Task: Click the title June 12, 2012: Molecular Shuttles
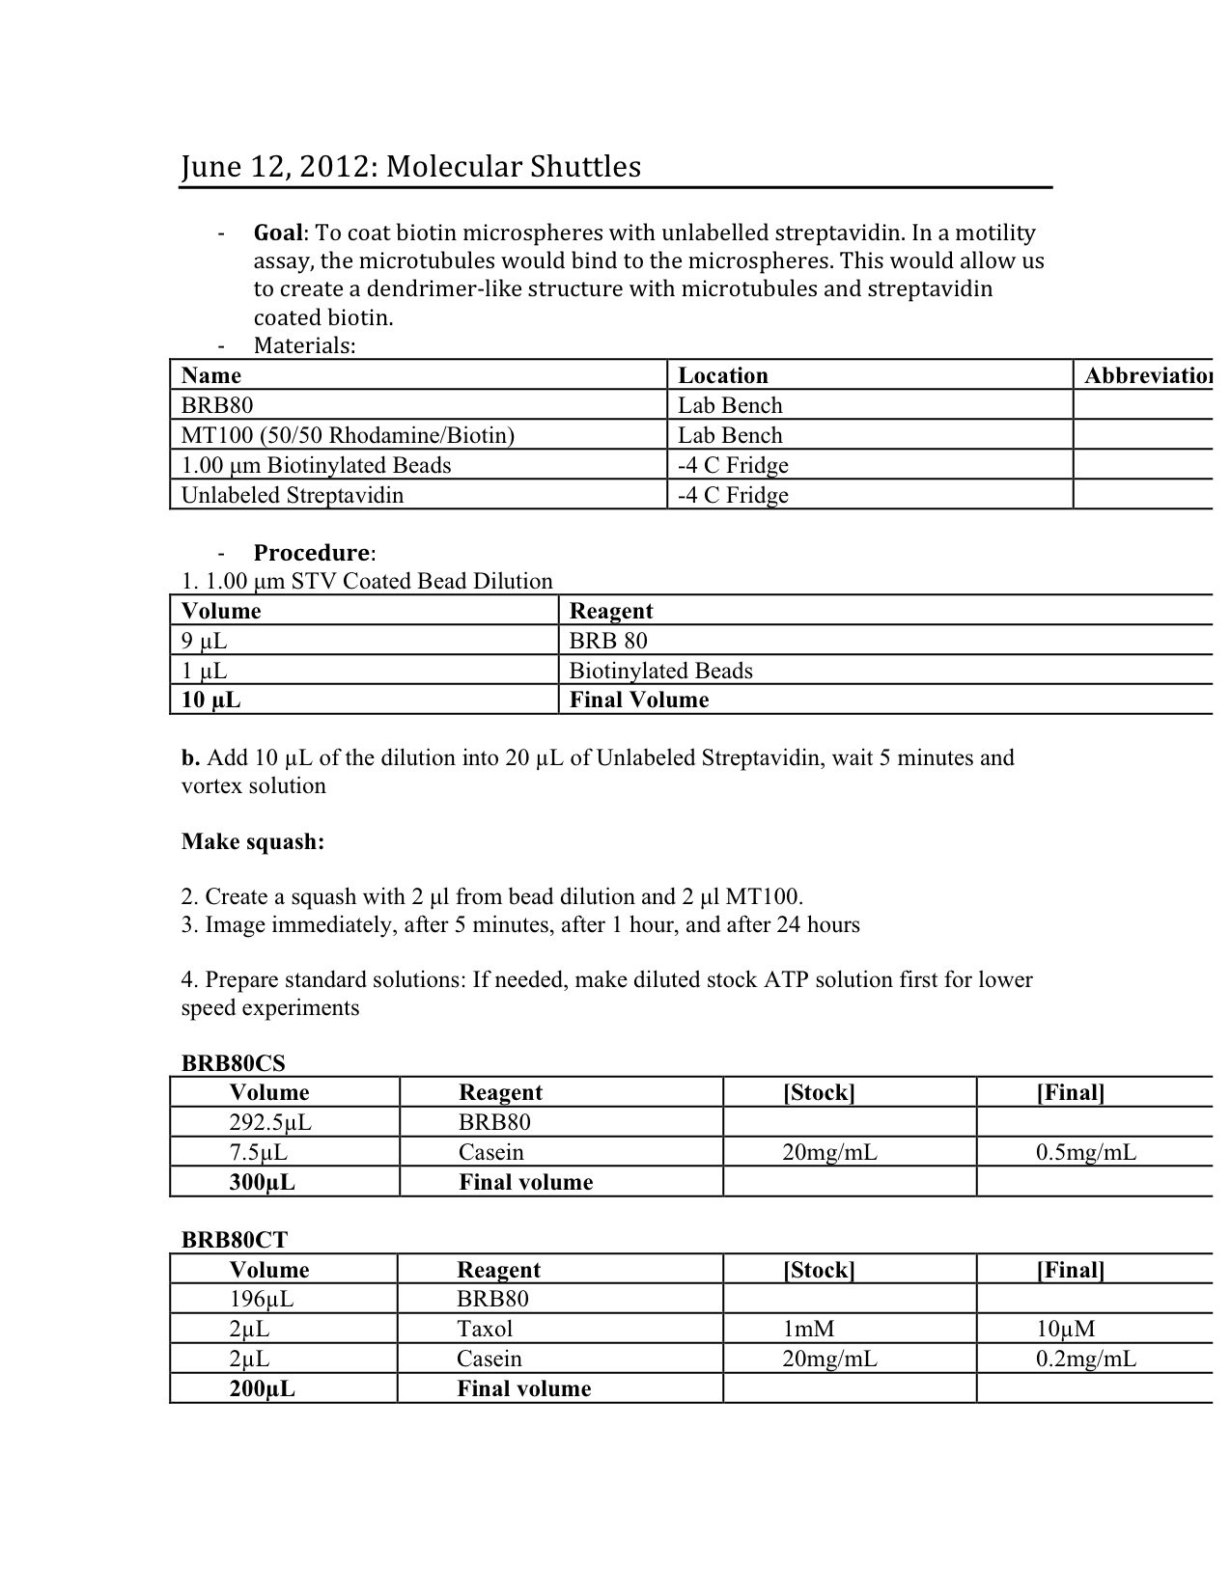pos(410,167)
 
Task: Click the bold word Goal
pos(278,233)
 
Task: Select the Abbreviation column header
pos(1147,375)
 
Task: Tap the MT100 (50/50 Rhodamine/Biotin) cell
pos(348,435)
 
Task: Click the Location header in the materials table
pos(723,375)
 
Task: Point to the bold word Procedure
pos(312,553)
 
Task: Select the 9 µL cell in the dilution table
pos(204,641)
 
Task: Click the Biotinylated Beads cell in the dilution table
pos(660,671)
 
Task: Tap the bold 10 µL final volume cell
pos(210,700)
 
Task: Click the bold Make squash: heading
pos(253,841)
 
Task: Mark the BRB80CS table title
pos(234,1062)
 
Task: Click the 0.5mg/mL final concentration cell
pos(1085,1152)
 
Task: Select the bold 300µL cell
pos(262,1182)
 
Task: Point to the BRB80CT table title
pos(235,1240)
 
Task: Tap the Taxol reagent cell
pos(485,1329)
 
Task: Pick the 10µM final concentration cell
pos(1065,1329)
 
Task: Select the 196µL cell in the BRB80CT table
pos(261,1299)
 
